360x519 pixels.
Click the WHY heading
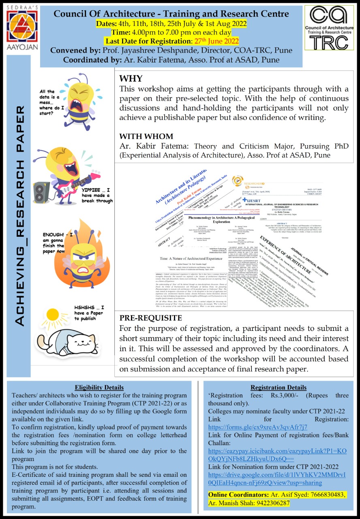click(131, 79)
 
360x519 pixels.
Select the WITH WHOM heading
click(146, 137)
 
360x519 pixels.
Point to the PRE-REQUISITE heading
click(150, 317)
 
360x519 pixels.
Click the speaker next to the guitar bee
click(42, 191)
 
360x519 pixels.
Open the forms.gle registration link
click(258, 427)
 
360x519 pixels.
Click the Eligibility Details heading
click(99, 387)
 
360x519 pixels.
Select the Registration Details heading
click(278, 387)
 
